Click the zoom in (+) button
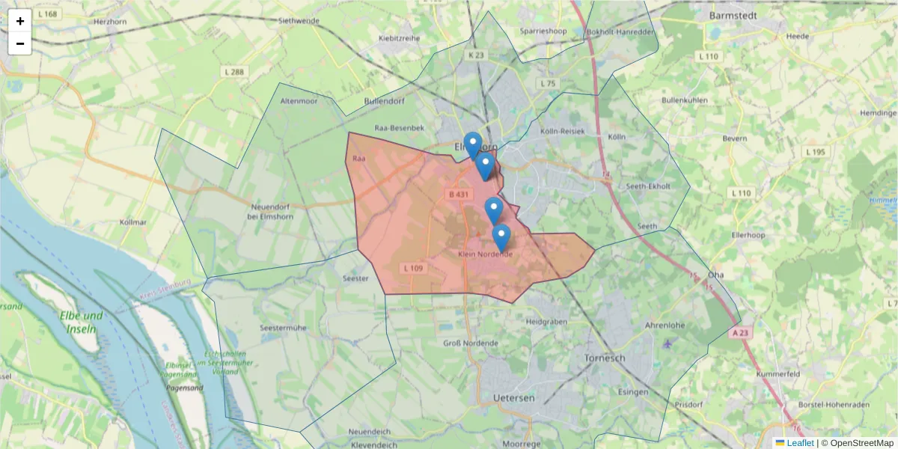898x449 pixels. [20, 21]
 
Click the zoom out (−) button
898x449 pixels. [20, 43]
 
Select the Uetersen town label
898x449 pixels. [514, 397]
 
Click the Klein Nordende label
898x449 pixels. [485, 254]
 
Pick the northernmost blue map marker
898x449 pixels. [472, 144]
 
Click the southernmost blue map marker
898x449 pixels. [501, 237]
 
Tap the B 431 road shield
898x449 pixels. [459, 195]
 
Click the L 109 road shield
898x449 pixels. [413, 268]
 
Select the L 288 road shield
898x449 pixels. [234, 72]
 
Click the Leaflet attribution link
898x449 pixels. [799, 443]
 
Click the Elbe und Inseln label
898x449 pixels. [82, 322]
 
